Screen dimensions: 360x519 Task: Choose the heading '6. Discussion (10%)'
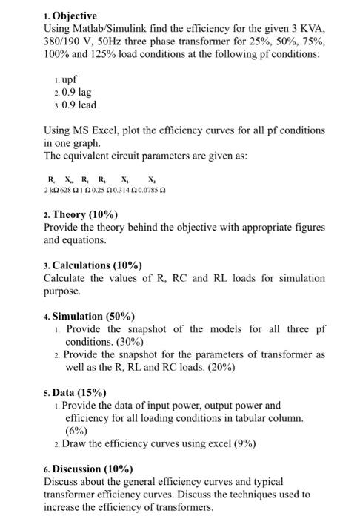click(88, 469)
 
